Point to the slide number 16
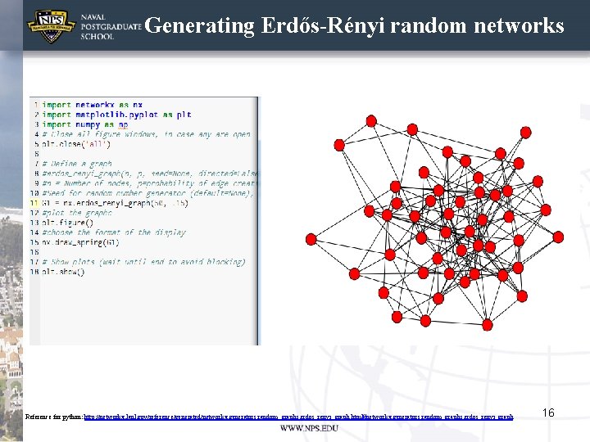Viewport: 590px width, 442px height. pyautogui.click(x=548, y=413)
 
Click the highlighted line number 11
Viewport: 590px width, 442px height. pyautogui.click(x=34, y=203)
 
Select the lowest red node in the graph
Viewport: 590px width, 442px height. pyautogui.click(x=487, y=325)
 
